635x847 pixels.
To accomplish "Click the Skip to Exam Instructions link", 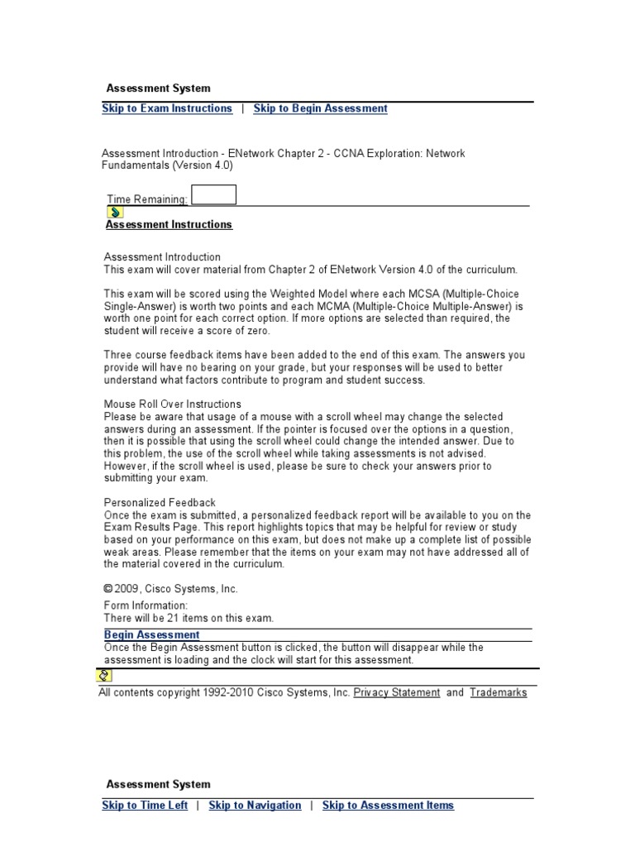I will [167, 108].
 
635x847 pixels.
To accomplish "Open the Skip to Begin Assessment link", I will [320, 108].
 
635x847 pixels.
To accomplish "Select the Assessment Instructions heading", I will [169, 224].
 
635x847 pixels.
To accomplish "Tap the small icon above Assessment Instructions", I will [116, 212].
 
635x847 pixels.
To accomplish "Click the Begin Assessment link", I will [151, 635].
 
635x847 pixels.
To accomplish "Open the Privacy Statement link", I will [397, 692].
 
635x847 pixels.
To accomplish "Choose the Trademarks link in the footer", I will [498, 692].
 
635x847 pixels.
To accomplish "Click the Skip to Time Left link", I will [145, 805].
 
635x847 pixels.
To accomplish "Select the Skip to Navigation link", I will [255, 805].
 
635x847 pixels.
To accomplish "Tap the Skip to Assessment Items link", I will [388, 805].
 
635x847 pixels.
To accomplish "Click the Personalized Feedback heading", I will [160, 502].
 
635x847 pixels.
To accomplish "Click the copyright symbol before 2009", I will [107, 588].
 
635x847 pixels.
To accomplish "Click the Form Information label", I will [146, 605].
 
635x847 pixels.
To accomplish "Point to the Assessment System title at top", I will [158, 89].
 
